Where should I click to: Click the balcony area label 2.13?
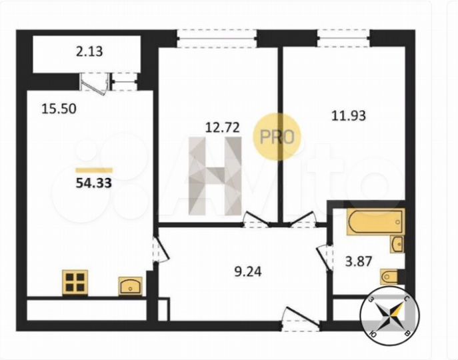89,51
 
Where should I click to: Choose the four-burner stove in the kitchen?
76,282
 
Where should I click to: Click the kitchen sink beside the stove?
131,286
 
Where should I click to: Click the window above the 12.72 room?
217,37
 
